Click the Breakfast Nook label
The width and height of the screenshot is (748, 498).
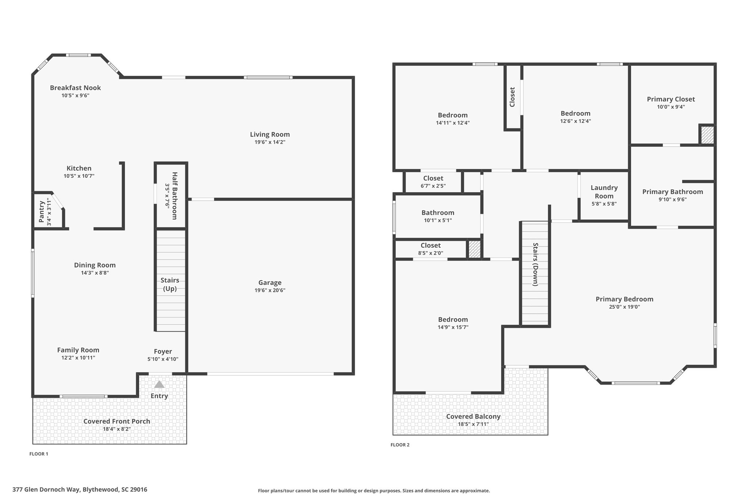click(x=75, y=88)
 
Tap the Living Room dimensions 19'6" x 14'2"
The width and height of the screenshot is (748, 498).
click(x=270, y=142)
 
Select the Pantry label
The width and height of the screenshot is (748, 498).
click(x=41, y=212)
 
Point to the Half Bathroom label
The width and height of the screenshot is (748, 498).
click(x=174, y=196)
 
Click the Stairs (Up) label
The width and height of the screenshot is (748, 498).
click(x=170, y=284)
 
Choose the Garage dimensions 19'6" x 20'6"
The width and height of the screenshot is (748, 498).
click(x=270, y=290)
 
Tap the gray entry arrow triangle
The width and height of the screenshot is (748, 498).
click(x=159, y=384)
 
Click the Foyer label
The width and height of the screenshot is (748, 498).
click(x=163, y=351)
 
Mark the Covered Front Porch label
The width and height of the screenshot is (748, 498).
click(x=117, y=421)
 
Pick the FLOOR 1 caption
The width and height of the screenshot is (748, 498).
click(x=39, y=454)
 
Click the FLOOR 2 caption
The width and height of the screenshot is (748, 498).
click(x=400, y=445)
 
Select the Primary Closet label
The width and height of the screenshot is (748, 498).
click(x=671, y=99)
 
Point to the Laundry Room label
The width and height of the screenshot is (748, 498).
click(x=604, y=192)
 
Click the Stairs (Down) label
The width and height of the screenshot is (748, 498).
click(x=536, y=264)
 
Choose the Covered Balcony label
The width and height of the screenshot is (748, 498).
click(x=473, y=416)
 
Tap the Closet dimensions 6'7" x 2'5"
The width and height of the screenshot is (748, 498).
click(x=433, y=186)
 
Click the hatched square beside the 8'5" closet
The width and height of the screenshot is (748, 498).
click(x=474, y=249)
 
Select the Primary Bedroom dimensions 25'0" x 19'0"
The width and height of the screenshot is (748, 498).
click(x=625, y=307)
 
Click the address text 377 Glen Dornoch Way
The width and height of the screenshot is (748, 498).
click(x=46, y=490)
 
